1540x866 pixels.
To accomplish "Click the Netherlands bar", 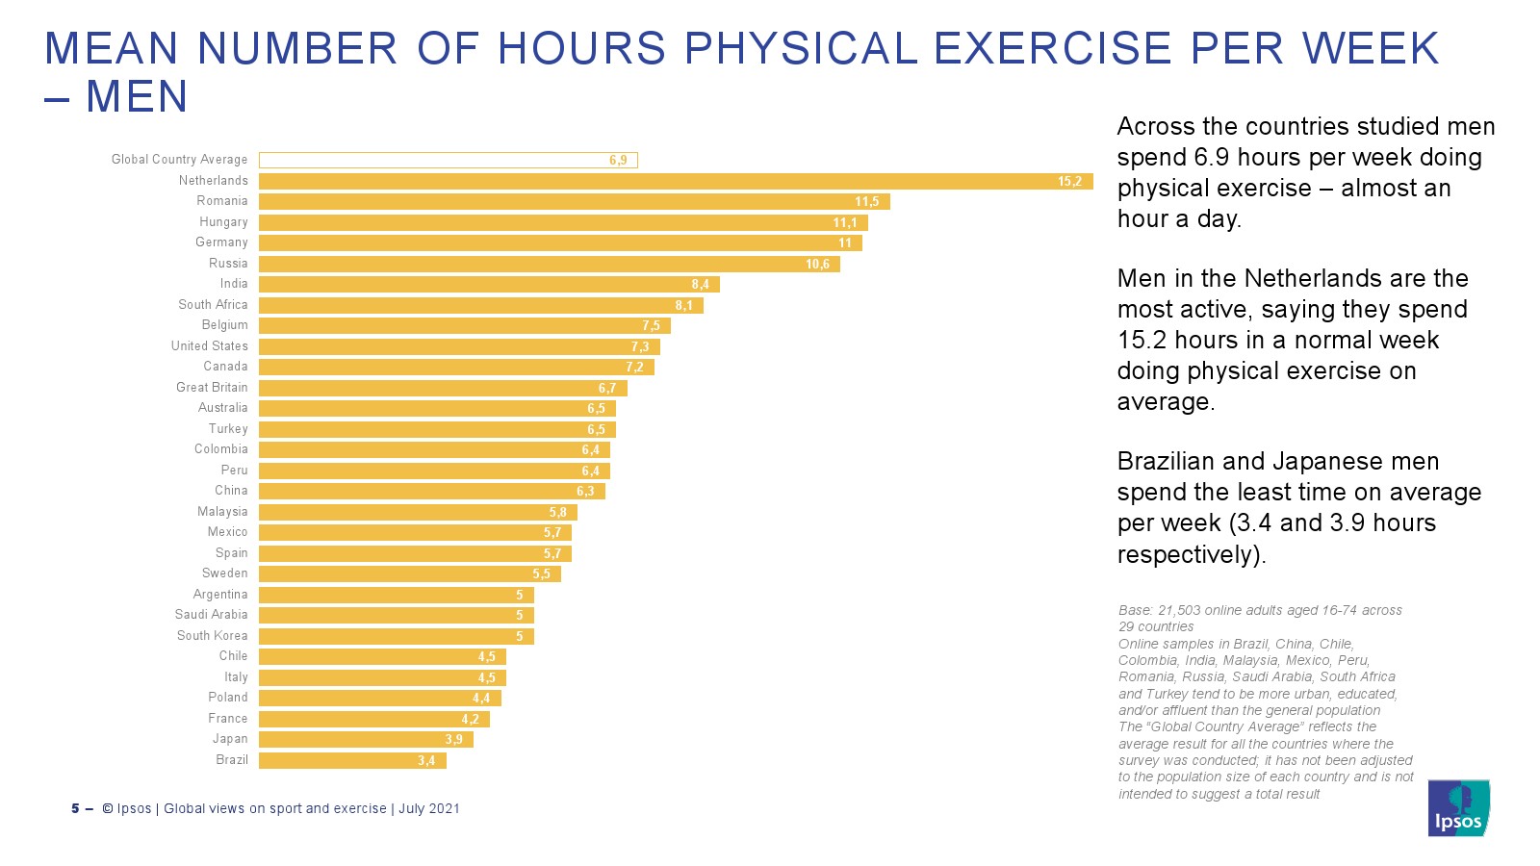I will click(674, 181).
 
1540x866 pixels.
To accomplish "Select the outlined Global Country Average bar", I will click(448, 160).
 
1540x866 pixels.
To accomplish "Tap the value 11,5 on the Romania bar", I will click(866, 202).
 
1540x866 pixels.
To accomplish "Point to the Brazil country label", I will click(232, 760).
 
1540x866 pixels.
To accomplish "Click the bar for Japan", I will click(366, 739).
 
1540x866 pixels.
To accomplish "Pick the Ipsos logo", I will click(1458, 808).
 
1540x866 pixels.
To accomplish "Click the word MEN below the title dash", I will click(137, 97).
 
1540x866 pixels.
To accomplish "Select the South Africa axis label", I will click(213, 305).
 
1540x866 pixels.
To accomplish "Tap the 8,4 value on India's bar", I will click(700, 285).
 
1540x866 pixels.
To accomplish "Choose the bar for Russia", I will click(549, 264).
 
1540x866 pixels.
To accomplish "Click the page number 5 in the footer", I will click(75, 808).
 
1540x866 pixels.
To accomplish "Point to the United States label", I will click(210, 346).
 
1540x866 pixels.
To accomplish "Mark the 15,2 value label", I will click(1069, 182).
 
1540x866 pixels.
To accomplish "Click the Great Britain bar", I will click(443, 388).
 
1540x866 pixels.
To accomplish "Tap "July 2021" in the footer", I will click(429, 808).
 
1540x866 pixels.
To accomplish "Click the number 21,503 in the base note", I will click(1181, 610).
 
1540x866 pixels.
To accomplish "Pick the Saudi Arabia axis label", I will click(211, 615).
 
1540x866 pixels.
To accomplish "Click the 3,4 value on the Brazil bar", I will click(426, 761).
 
